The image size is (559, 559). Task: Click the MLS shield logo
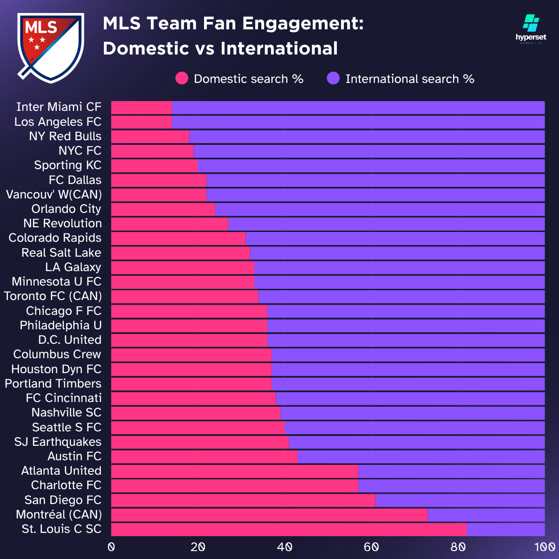coord(50,47)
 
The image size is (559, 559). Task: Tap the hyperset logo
coord(531,29)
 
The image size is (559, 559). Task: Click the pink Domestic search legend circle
coord(182,79)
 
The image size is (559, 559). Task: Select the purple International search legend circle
coord(333,79)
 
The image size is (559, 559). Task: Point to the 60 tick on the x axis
coord(371,547)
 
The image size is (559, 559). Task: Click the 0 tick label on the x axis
coord(111,547)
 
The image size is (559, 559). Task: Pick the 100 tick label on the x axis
coord(544,547)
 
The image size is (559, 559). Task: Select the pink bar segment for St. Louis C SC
coord(289,529)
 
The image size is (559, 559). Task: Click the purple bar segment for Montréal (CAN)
coord(486,515)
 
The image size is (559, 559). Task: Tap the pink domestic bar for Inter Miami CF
coord(142,107)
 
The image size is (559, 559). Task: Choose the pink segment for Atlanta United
coord(235,471)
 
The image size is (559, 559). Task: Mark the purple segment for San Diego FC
coord(460,500)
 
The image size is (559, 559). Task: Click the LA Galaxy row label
coord(73,267)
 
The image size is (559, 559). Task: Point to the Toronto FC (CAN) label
coord(53,296)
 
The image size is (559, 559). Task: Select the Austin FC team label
coord(75,456)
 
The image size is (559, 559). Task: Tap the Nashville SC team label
coord(67,412)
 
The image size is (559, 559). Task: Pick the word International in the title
coord(279,48)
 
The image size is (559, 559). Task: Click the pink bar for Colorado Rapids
coord(178,238)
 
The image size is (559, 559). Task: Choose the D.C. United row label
coord(70,340)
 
